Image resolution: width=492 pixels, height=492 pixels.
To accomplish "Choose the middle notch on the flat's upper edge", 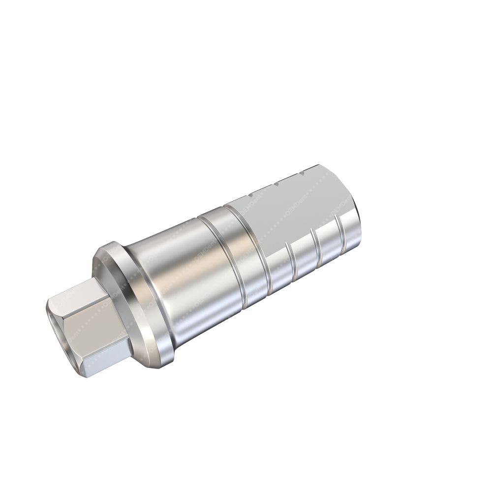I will point(277,184).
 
